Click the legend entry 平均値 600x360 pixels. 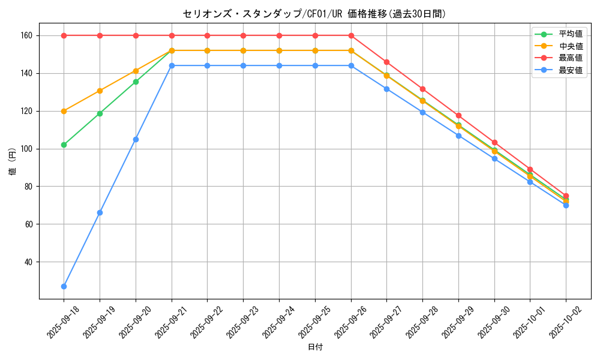(571, 34)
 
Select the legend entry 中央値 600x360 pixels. (571, 46)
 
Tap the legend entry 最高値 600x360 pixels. (571, 58)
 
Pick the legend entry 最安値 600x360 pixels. (571, 70)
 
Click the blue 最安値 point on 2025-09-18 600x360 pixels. (64, 286)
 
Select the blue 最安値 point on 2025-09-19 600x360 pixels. (100, 212)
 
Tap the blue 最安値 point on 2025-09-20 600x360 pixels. (136, 139)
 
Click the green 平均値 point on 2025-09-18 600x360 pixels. (64, 145)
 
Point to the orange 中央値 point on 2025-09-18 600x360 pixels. (64, 111)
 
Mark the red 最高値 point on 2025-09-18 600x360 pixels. (64, 35)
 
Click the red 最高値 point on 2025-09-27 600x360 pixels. (386, 62)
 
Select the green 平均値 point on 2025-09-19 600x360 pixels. (100, 113)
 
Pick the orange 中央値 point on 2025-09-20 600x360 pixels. (136, 71)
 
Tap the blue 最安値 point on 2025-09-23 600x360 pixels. (243, 65)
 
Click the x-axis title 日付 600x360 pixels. (315, 347)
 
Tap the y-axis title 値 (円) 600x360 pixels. (13, 161)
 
